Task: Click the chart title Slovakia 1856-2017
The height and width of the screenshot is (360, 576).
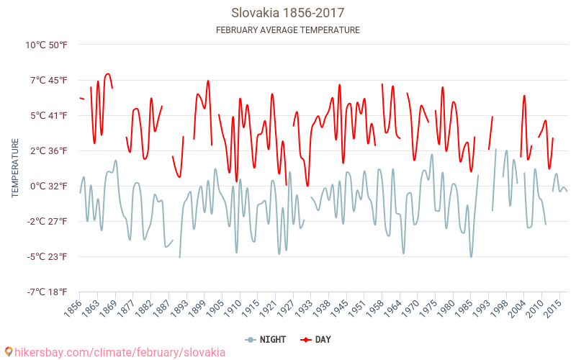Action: click(287, 13)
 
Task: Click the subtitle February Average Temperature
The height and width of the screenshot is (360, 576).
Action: click(287, 30)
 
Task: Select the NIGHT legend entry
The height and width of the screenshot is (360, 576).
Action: click(267, 339)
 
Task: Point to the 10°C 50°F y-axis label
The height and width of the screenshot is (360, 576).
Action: click(46, 45)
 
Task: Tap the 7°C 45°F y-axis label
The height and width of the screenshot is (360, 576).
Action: click(48, 80)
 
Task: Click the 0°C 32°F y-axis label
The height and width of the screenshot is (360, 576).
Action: click(48, 186)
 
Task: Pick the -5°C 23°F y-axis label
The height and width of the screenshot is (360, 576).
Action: click(47, 256)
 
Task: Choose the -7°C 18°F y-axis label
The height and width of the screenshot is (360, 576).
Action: click(47, 292)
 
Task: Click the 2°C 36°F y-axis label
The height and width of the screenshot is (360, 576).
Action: click(48, 150)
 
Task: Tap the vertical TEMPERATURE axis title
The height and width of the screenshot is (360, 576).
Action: click(15, 168)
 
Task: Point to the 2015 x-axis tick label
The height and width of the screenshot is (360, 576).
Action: click(552, 308)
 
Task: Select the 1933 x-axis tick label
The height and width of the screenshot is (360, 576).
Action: click(306, 308)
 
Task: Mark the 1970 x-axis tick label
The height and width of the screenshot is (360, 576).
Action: click(410, 308)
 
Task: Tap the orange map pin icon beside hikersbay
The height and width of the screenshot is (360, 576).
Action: click(8, 352)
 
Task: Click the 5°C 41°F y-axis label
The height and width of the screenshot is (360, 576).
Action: click(48, 115)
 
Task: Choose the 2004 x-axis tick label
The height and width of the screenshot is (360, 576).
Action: click(516, 308)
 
